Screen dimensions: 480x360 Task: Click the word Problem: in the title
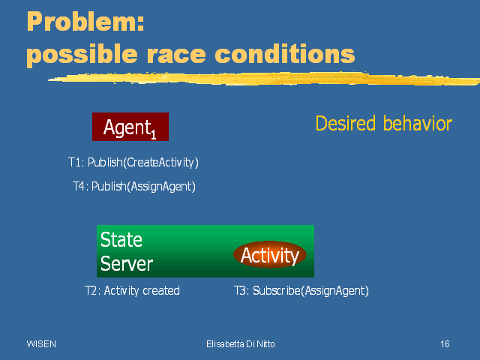[x=85, y=22]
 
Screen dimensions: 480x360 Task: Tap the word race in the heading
[x=176, y=54]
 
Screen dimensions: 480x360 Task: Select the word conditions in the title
[x=285, y=53]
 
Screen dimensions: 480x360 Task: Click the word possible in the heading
[x=82, y=55]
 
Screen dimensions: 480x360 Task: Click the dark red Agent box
[x=130, y=127]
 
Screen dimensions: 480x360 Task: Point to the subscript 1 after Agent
[x=153, y=134]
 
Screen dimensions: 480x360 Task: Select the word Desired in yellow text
[x=345, y=123]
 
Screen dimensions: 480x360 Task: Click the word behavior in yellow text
[x=418, y=123]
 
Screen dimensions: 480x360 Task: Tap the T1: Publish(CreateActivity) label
[x=133, y=162]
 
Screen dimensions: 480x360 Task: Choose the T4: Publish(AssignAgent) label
[x=134, y=186]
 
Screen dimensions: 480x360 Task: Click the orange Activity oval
[x=270, y=255]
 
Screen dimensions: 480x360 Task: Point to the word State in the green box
[x=121, y=239]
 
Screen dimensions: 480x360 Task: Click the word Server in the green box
[x=127, y=263]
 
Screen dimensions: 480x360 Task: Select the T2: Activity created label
[x=132, y=290]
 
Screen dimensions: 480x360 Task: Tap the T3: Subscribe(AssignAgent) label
[x=301, y=290]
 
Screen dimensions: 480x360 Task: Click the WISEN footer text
[x=41, y=344]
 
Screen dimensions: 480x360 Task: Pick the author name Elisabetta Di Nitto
[x=241, y=344]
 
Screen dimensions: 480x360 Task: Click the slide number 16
[x=445, y=344]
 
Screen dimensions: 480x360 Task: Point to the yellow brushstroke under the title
[x=264, y=79]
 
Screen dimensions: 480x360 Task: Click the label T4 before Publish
[x=79, y=186]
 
